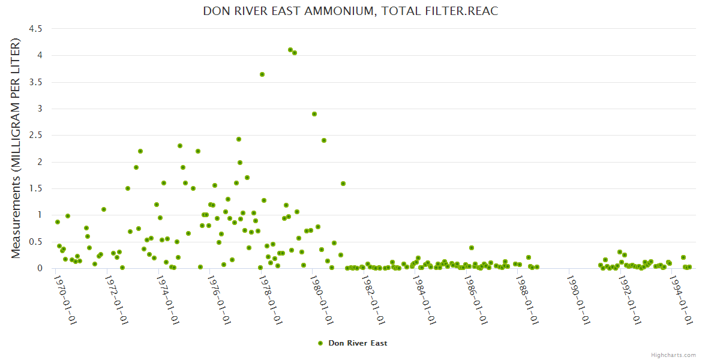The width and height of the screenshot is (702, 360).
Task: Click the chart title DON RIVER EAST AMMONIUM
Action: (350, 11)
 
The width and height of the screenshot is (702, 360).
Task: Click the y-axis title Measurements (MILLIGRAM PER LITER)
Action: (16, 148)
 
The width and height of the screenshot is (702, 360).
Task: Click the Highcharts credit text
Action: (673, 355)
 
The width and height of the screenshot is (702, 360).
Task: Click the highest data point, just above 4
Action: (290, 50)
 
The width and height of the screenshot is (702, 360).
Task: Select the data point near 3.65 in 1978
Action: (262, 74)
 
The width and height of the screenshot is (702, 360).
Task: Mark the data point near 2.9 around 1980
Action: (314, 114)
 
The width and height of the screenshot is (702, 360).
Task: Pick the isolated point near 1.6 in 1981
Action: (343, 184)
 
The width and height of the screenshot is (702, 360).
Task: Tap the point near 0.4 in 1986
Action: (472, 248)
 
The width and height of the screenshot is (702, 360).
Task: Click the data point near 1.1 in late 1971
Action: (104, 209)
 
